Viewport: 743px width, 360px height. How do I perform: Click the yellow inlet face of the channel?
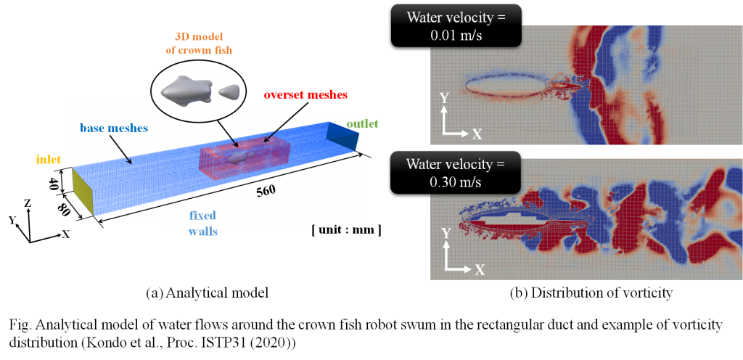pos(83,191)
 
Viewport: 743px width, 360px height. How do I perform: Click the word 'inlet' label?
pos(49,159)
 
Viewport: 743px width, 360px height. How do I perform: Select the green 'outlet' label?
pos(362,123)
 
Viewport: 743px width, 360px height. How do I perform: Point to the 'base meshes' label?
pos(112,128)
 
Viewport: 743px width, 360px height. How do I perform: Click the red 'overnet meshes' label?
pos(305,95)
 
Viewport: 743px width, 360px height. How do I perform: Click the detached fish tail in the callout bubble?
pos(230,91)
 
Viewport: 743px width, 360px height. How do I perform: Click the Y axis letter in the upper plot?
pos(443,97)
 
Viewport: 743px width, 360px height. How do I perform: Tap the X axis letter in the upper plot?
pos(477,134)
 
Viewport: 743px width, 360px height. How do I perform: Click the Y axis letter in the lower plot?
pos(445,232)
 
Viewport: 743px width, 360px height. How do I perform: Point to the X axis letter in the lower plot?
pos(479,269)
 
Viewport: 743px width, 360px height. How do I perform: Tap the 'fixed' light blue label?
pos(202,216)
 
